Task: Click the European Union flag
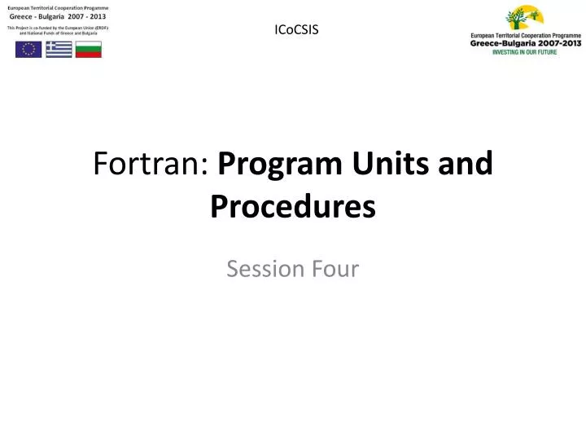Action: [x=28, y=49]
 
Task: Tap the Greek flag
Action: [x=58, y=49]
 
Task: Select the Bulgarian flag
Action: [x=88, y=49]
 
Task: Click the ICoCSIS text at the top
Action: [x=297, y=30]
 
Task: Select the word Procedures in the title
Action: [x=293, y=206]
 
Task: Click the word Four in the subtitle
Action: [x=333, y=268]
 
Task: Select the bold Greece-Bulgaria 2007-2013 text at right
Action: [x=526, y=44]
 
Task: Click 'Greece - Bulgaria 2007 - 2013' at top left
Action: [x=58, y=17]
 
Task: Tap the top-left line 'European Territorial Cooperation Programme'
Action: [x=58, y=7]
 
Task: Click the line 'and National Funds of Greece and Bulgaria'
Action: [x=58, y=33]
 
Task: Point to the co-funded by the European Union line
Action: [x=58, y=28]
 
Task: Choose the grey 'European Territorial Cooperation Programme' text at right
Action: [x=526, y=36]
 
